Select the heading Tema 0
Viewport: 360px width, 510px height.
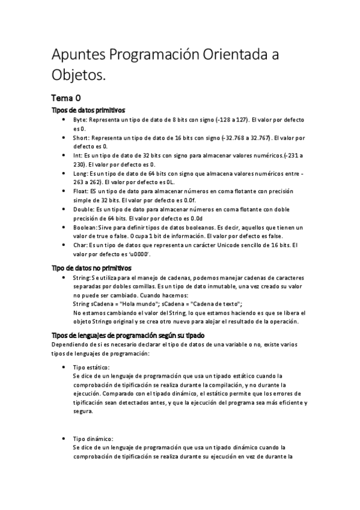pyautogui.click(x=67, y=97)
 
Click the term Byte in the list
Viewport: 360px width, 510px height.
pyautogui.click(x=79, y=120)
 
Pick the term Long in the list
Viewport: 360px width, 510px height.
pyautogui.click(x=80, y=173)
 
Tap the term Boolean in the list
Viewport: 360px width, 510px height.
pyautogui.click(x=85, y=227)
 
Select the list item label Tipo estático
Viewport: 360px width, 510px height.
pyautogui.click(x=91, y=367)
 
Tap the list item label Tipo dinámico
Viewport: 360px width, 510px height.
pyautogui.click(x=93, y=439)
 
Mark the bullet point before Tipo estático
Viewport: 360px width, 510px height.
pyautogui.click(x=64, y=367)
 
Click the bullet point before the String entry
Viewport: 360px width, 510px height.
pyautogui.click(x=64, y=278)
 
